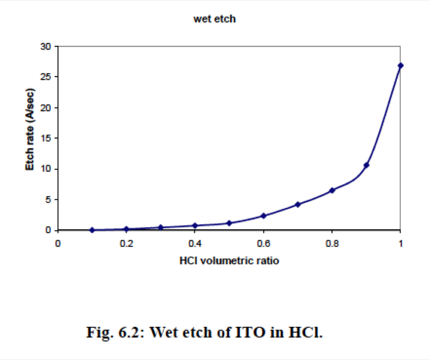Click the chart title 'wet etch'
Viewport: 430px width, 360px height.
click(x=215, y=19)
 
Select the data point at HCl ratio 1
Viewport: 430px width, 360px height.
click(x=400, y=65)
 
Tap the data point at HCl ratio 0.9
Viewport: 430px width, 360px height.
click(x=366, y=165)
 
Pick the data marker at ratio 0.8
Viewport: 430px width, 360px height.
click(x=332, y=190)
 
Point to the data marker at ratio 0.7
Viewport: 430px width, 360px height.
click(x=298, y=204)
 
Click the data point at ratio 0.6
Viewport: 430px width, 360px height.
click(x=264, y=215)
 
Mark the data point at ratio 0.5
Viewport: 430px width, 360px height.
click(x=229, y=223)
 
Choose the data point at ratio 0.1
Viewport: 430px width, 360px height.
click(x=92, y=230)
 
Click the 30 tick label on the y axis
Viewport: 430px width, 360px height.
click(x=45, y=47)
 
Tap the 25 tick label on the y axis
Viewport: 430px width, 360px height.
click(x=45, y=76)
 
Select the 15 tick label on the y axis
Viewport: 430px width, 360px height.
click(x=45, y=138)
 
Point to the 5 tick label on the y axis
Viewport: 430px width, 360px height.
click(x=48, y=200)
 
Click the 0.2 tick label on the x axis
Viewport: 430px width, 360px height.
click(x=126, y=243)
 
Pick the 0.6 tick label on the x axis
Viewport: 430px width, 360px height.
click(x=263, y=243)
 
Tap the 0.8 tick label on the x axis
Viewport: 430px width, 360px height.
click(x=332, y=243)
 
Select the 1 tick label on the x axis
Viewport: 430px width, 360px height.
click(x=401, y=243)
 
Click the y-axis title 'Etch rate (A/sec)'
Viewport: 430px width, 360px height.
click(x=30, y=129)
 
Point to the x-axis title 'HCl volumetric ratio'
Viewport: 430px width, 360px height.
click(x=229, y=260)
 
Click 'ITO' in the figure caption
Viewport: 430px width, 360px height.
click(x=250, y=332)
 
